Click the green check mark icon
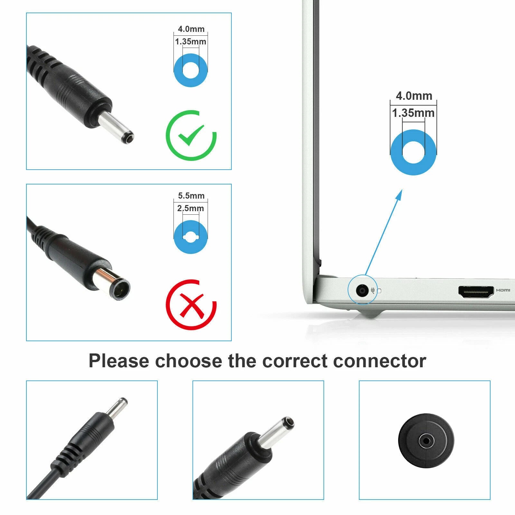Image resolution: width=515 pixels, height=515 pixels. click(191, 136)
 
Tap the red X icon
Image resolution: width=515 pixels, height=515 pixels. click(191, 305)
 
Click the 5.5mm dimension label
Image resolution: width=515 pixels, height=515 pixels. click(191, 196)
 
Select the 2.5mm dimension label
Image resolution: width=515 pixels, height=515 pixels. click(191, 208)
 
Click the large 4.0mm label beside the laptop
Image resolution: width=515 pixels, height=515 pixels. click(414, 96)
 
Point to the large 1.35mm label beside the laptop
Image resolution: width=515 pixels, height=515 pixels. click(413, 113)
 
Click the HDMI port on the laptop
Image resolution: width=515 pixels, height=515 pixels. click(476, 292)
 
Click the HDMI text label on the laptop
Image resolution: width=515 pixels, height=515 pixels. click(503, 290)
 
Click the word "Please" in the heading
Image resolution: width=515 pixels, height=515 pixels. click(119, 361)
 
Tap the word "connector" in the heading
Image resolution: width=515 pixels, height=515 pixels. click(380, 361)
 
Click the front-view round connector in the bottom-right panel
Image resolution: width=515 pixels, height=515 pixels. click(426, 441)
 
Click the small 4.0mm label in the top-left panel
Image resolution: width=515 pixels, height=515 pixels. click(191, 29)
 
